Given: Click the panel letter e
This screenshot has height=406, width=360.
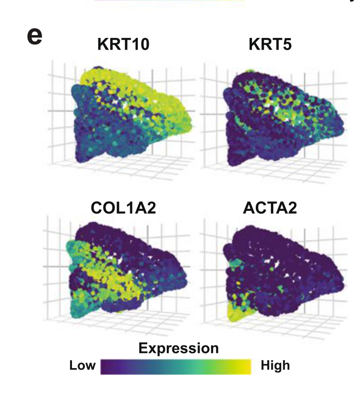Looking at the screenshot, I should point(35,36).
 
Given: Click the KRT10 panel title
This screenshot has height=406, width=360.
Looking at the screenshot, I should point(123,45).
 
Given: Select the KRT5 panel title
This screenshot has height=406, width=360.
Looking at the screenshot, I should point(270,45).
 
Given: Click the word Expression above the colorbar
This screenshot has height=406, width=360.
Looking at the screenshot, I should point(179,348).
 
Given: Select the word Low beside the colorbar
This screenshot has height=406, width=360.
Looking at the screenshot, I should point(82,366).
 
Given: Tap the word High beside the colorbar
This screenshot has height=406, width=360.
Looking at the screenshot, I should point(275,366).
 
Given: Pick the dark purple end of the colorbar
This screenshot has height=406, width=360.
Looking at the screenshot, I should point(106,367).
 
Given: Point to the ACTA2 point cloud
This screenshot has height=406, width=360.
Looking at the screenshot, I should point(279,275).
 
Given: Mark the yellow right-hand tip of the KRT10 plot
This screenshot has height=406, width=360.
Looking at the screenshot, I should point(185,118).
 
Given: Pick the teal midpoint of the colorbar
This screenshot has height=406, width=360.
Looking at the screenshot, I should point(176,367).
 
